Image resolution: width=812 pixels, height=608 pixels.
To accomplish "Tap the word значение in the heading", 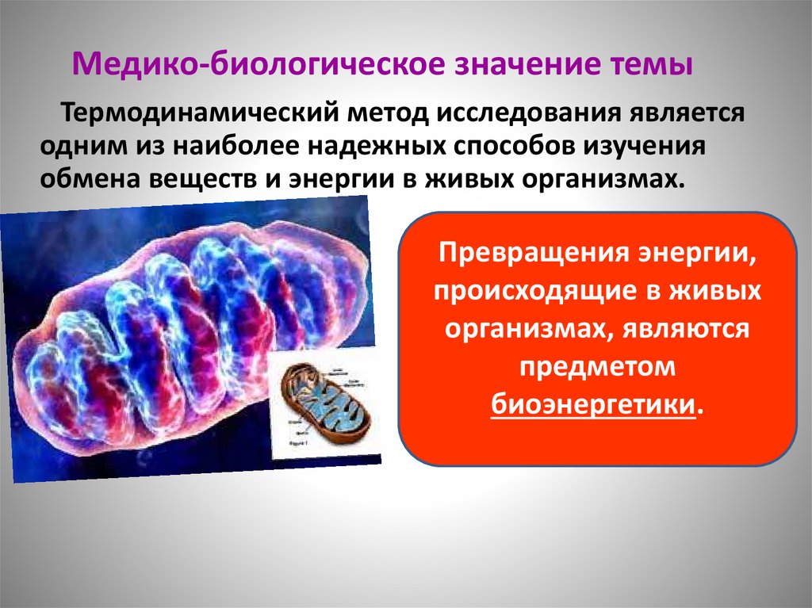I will point(526,64).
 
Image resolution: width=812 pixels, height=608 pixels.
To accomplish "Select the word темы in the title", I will point(653,64).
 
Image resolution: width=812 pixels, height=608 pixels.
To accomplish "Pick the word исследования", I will point(518,113).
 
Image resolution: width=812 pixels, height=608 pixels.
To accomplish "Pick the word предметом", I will point(596,368).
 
